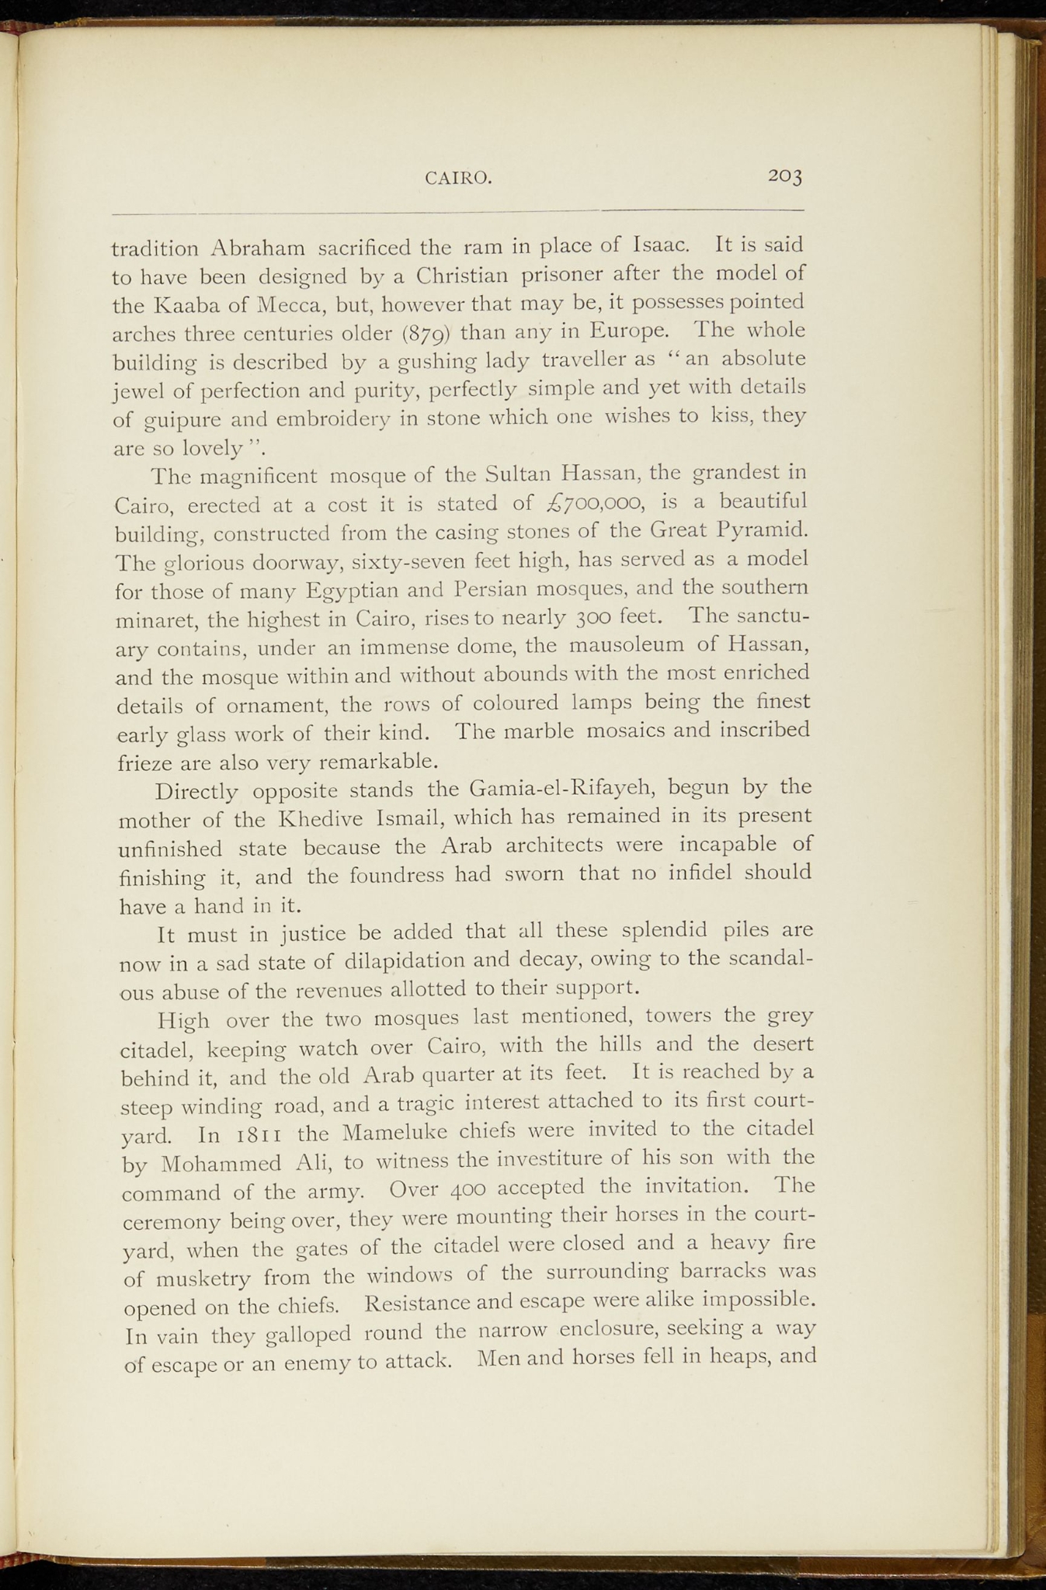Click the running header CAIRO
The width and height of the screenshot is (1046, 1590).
pyautogui.click(x=458, y=179)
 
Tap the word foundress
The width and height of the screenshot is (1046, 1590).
pyautogui.click(x=398, y=876)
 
